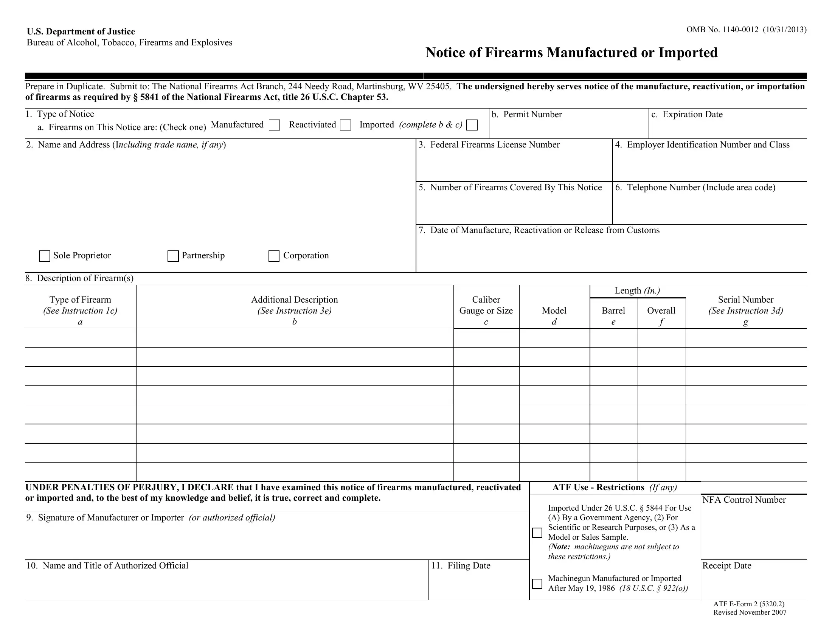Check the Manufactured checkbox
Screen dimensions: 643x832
(x=274, y=125)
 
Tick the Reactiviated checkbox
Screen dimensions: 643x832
(x=345, y=125)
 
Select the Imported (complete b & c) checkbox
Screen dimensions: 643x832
(x=472, y=125)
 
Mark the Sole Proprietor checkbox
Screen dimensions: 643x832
(x=45, y=256)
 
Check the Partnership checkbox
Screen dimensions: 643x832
(x=173, y=256)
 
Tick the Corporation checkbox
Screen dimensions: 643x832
(x=274, y=256)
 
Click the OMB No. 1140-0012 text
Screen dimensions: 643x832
(x=722, y=30)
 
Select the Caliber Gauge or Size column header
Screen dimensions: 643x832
(x=486, y=306)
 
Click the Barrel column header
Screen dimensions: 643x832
(x=613, y=311)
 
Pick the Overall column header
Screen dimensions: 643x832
(x=661, y=311)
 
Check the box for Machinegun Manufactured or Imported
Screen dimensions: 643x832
(x=537, y=583)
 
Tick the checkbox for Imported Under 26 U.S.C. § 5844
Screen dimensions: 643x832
(x=537, y=533)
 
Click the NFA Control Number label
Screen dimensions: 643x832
(x=744, y=500)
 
